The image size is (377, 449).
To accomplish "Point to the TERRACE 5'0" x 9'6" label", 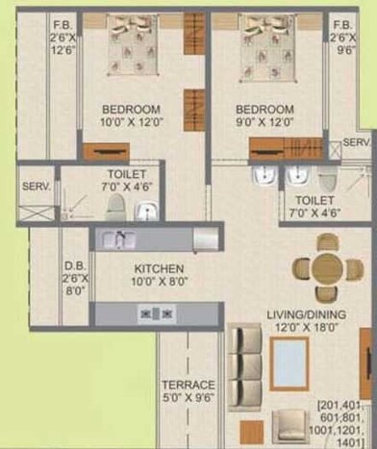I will pyautogui.click(x=188, y=390).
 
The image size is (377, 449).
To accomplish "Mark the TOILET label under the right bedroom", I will pyautogui.click(x=309, y=205).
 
